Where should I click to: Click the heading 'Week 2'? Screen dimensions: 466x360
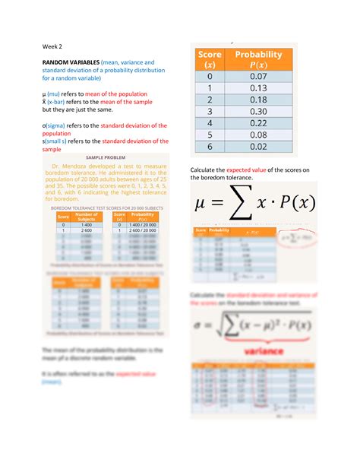click(52, 46)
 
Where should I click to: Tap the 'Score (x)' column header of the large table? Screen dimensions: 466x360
click(210, 59)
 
